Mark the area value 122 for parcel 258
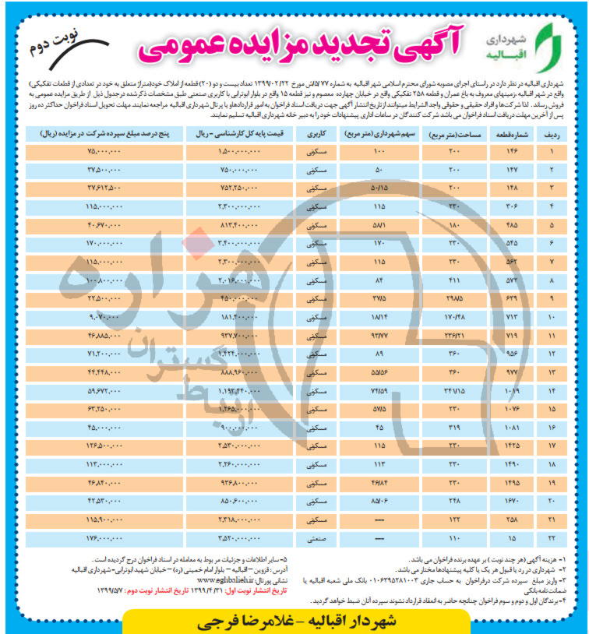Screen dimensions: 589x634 click(x=456, y=519)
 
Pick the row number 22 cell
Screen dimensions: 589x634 click(x=555, y=537)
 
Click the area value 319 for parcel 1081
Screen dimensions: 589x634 click(x=456, y=427)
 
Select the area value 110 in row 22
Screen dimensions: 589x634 click(x=456, y=537)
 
